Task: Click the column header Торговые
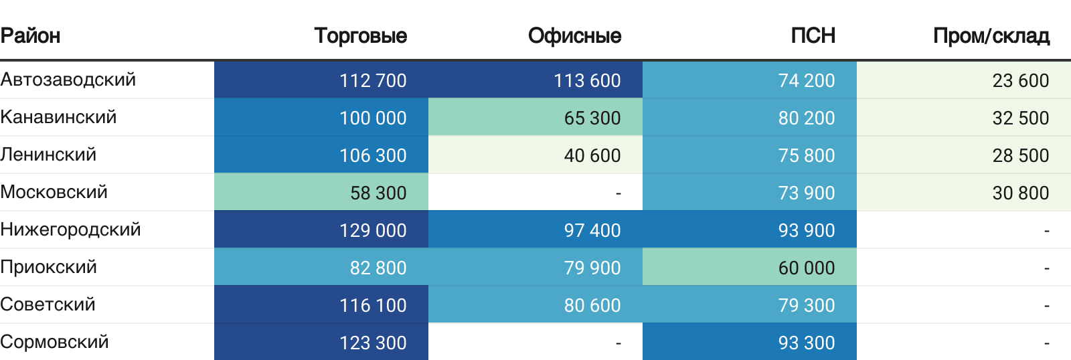pyautogui.click(x=360, y=35)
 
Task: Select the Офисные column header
pyautogui.click(x=574, y=35)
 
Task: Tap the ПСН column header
pyautogui.click(x=813, y=35)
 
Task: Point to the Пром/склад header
pyautogui.click(x=991, y=35)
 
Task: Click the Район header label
pyautogui.click(x=30, y=35)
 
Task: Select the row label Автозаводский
pyautogui.click(x=68, y=80)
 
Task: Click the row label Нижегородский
pyautogui.click(x=70, y=230)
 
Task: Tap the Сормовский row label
pyautogui.click(x=54, y=342)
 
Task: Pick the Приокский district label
pyautogui.click(x=48, y=267)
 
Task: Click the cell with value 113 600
pyautogui.click(x=587, y=80)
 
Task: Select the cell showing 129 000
pyautogui.click(x=373, y=230)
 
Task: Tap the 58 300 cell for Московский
pyautogui.click(x=378, y=193)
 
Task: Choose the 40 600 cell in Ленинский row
pyautogui.click(x=592, y=155)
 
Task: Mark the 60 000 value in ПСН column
pyautogui.click(x=806, y=268)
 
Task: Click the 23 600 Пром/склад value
pyautogui.click(x=1020, y=80)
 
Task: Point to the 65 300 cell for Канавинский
pyautogui.click(x=592, y=118)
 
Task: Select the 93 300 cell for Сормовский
pyautogui.click(x=806, y=343)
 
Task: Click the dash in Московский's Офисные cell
pyautogui.click(x=618, y=193)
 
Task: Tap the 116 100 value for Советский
pyautogui.click(x=373, y=305)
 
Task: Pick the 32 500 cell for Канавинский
pyautogui.click(x=1020, y=118)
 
